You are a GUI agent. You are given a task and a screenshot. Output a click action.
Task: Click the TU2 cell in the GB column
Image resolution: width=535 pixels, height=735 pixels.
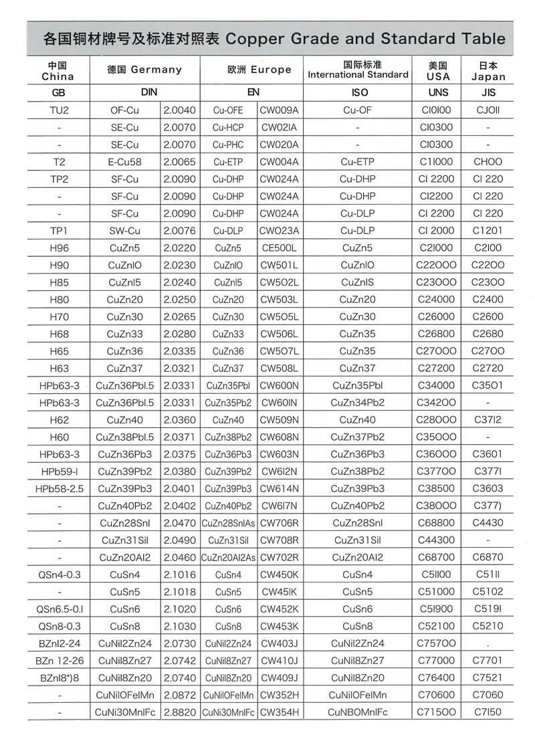click(x=60, y=110)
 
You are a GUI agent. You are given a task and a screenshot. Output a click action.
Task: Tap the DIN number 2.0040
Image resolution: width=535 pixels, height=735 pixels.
click(x=179, y=110)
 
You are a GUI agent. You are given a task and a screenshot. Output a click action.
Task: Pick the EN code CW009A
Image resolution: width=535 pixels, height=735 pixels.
click(x=280, y=110)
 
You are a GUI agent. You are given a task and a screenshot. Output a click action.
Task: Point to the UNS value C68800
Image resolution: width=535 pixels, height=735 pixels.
click(x=435, y=522)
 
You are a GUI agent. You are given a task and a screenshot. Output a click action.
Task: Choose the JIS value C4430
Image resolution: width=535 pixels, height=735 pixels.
click(x=487, y=522)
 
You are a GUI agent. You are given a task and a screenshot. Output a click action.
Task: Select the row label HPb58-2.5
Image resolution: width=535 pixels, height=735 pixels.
click(x=60, y=488)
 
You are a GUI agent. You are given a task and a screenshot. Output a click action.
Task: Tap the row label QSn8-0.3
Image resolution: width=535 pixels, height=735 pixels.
click(x=60, y=626)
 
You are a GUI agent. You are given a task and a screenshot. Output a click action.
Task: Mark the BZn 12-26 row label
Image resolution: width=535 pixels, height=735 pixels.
click(x=60, y=661)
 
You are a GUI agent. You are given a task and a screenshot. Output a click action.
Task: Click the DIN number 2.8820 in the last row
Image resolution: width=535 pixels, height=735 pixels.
click(x=179, y=712)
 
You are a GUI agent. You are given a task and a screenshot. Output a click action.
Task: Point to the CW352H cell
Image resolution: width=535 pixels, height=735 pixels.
click(x=280, y=695)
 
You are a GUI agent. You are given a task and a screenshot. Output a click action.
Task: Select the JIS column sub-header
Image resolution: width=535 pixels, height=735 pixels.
click(x=488, y=92)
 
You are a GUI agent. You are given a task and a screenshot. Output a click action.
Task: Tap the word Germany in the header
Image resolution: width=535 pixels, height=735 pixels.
click(x=156, y=69)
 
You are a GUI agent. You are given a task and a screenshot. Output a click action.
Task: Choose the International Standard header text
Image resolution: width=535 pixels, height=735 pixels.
click(x=358, y=74)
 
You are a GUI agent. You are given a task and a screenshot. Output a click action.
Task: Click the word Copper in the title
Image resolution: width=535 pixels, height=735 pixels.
click(x=259, y=37)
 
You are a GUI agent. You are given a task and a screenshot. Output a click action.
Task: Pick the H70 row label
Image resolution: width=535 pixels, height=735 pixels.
click(x=60, y=317)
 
